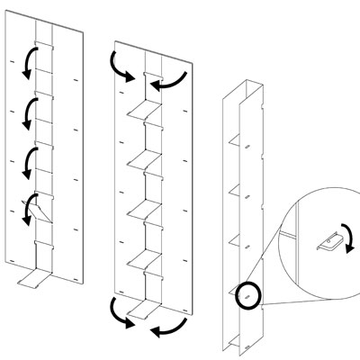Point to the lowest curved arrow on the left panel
[31, 207]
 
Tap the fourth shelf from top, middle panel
[140, 259]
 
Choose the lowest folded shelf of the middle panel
[139, 310]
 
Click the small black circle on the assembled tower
[247, 295]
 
